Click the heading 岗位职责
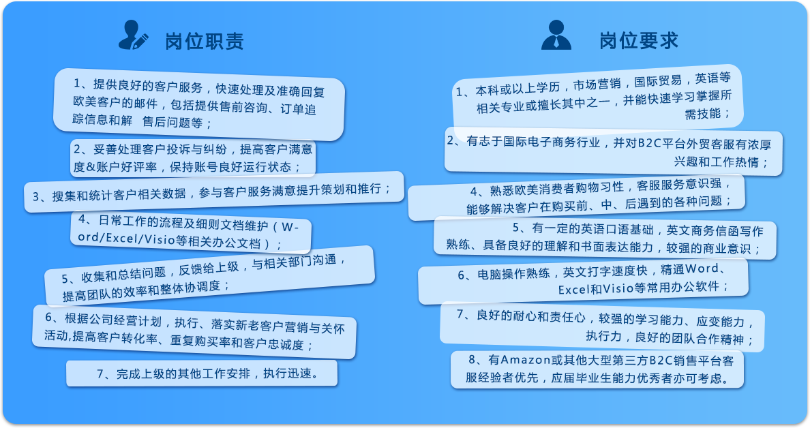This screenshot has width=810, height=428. [205, 42]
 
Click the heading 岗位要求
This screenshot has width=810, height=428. [638, 40]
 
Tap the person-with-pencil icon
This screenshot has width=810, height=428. [133, 35]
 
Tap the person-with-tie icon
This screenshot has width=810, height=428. [556, 35]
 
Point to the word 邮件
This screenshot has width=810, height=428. [145, 104]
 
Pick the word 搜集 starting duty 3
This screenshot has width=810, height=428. [65, 196]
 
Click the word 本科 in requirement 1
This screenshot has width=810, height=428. [487, 91]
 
